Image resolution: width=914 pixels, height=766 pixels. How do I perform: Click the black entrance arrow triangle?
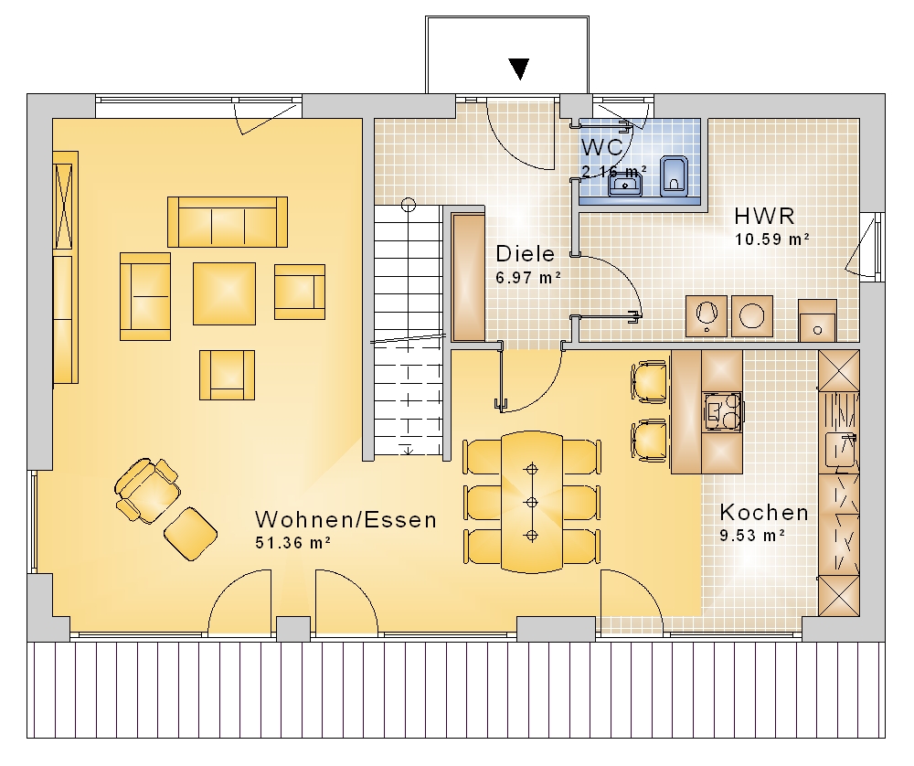click(519, 69)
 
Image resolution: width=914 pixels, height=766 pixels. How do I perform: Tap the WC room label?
click(602, 147)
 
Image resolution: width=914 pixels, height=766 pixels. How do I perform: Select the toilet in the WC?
click(674, 176)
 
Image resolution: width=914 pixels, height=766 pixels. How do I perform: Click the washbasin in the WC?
click(625, 184)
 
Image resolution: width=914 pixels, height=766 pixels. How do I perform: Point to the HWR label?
click(764, 217)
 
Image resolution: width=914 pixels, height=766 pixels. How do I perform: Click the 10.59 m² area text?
click(771, 239)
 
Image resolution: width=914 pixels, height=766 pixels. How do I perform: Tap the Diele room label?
click(526, 254)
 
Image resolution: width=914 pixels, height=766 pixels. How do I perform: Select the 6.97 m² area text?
click(528, 278)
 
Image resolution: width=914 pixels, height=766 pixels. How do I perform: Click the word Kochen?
click(764, 513)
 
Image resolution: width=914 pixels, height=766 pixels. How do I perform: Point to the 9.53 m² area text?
click(752, 535)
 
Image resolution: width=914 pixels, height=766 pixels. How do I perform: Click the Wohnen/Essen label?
click(345, 519)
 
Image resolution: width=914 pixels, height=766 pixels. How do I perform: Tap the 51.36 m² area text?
click(293, 543)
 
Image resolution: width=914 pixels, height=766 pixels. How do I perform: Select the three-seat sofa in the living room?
click(228, 222)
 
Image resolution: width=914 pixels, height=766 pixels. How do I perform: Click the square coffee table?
click(225, 293)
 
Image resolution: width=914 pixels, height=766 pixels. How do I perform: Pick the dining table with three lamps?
click(532, 502)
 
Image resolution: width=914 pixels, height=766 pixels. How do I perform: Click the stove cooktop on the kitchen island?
click(723, 411)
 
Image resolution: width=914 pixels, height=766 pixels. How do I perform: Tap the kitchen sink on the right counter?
click(841, 450)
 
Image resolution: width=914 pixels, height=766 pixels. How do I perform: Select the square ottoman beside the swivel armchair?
click(191, 534)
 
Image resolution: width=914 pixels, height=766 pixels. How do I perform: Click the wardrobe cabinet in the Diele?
click(468, 278)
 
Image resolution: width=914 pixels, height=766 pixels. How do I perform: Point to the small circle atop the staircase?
click(409, 205)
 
